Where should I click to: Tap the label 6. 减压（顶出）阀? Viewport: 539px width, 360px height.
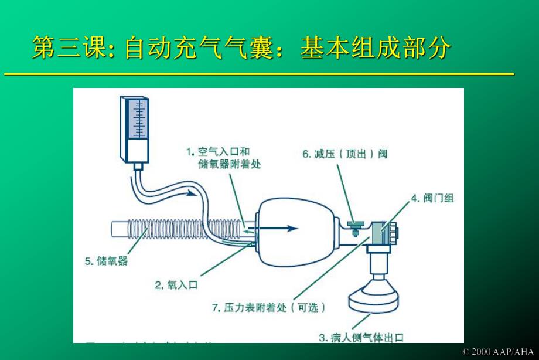point(344,154)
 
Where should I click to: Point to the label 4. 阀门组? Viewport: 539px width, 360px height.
point(431,198)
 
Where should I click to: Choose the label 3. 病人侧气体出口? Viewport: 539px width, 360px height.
point(361,337)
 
